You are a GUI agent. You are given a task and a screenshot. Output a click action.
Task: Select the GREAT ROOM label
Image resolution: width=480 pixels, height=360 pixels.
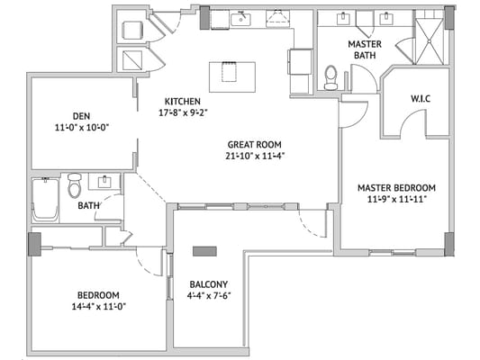click(255, 144)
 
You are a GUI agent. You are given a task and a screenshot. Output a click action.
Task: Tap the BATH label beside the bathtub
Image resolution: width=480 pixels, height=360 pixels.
click(88, 205)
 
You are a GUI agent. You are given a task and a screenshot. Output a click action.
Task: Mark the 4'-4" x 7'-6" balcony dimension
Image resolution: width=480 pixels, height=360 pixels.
click(208, 297)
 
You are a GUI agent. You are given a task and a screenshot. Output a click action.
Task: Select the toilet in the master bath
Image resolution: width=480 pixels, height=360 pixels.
click(331, 76)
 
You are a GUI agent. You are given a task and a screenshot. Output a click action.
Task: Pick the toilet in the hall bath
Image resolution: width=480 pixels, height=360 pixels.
click(75, 187)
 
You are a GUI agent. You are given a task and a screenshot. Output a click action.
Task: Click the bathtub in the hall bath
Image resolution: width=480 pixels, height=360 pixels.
click(44, 200)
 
